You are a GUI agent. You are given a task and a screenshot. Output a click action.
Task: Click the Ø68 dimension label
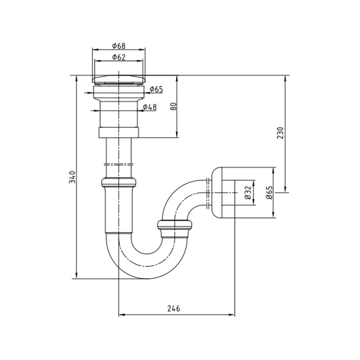click(x=119, y=46)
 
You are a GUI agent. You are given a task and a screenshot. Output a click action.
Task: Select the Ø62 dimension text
click(x=119, y=57)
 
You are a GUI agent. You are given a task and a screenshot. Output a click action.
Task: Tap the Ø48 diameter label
click(x=150, y=107)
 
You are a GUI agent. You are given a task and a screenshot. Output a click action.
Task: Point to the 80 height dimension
click(x=174, y=106)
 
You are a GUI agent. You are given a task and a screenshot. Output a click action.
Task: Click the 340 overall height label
click(x=72, y=177)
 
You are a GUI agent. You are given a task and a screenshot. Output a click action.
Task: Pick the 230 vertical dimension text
click(x=280, y=133)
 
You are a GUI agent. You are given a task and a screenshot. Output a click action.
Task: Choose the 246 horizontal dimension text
click(x=174, y=309)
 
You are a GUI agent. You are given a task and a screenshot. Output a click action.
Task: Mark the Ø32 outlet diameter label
click(x=248, y=192)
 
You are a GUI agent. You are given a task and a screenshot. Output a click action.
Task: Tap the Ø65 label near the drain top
click(x=156, y=89)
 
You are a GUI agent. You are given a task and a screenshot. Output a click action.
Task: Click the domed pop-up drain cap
click(x=119, y=80)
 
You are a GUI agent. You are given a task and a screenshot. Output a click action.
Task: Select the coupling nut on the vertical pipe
click(x=119, y=182)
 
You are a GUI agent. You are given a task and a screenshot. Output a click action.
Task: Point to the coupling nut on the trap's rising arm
click(x=175, y=225)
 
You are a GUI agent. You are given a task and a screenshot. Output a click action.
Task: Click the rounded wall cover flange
click(x=217, y=192)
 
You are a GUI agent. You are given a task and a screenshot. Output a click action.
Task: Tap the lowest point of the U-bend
click(x=147, y=278)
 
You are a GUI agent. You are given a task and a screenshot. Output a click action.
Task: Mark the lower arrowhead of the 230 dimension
click(x=285, y=189)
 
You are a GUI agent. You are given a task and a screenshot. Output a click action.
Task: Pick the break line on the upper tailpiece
click(x=119, y=165)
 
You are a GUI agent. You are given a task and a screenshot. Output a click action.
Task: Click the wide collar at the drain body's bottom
click(x=119, y=133)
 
